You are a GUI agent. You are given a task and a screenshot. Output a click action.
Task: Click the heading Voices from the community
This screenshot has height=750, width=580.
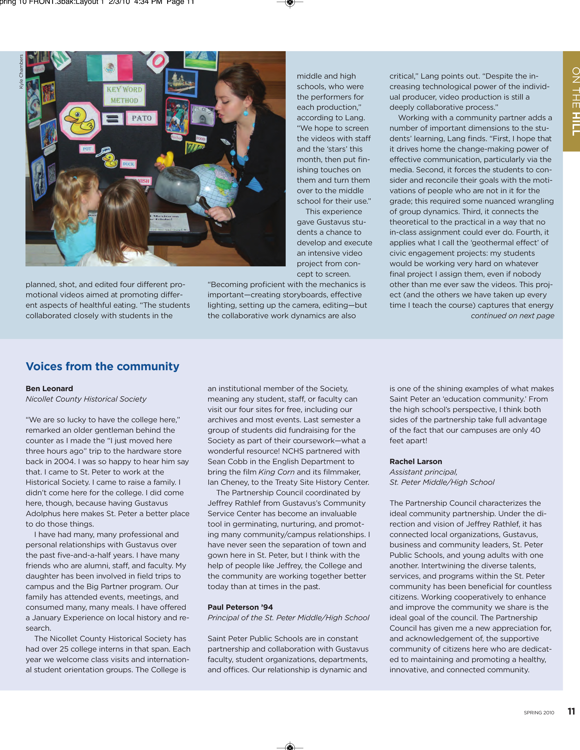[x=102, y=366]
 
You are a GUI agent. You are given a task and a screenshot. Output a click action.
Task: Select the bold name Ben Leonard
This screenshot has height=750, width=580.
[x=49, y=388]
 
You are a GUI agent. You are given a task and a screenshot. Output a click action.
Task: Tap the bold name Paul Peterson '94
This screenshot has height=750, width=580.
[x=240, y=607]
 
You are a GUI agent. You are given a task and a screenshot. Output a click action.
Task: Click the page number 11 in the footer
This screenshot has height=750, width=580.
[x=571, y=711]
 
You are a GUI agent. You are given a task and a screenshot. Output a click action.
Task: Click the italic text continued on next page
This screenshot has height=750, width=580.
[x=512, y=316]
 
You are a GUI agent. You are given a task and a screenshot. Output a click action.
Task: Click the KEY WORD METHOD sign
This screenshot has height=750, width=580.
[x=124, y=95]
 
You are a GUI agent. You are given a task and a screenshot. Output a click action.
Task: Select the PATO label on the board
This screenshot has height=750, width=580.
[x=141, y=118]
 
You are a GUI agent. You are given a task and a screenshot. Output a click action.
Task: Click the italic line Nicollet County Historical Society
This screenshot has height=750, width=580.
[x=86, y=399]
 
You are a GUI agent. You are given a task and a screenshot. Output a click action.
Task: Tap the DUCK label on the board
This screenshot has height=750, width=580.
[x=128, y=164]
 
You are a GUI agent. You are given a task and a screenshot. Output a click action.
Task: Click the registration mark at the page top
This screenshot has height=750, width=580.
[x=290, y=3]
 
